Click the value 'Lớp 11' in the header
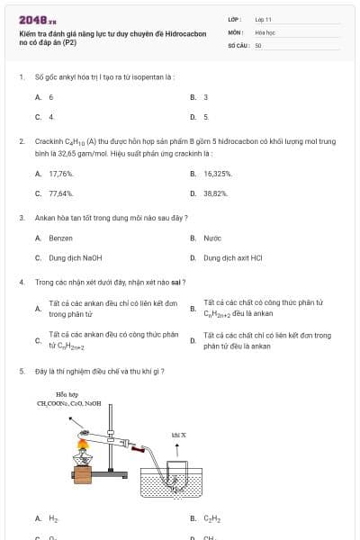pos(263,19)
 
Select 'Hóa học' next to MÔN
pos(265,31)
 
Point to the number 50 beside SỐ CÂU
pos(258,44)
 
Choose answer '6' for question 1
pos(51,96)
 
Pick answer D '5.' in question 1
pos(205,117)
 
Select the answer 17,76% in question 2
pos(61,174)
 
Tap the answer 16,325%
pos(218,174)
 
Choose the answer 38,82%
pos(216,193)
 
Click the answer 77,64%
pos(61,193)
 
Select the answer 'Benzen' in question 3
pos(60,238)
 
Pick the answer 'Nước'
pos(212,238)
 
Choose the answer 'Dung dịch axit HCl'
pos(232,257)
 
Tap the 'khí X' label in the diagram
pos(178,435)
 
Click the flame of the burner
pos(84,445)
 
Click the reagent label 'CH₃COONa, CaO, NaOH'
pos(69,404)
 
